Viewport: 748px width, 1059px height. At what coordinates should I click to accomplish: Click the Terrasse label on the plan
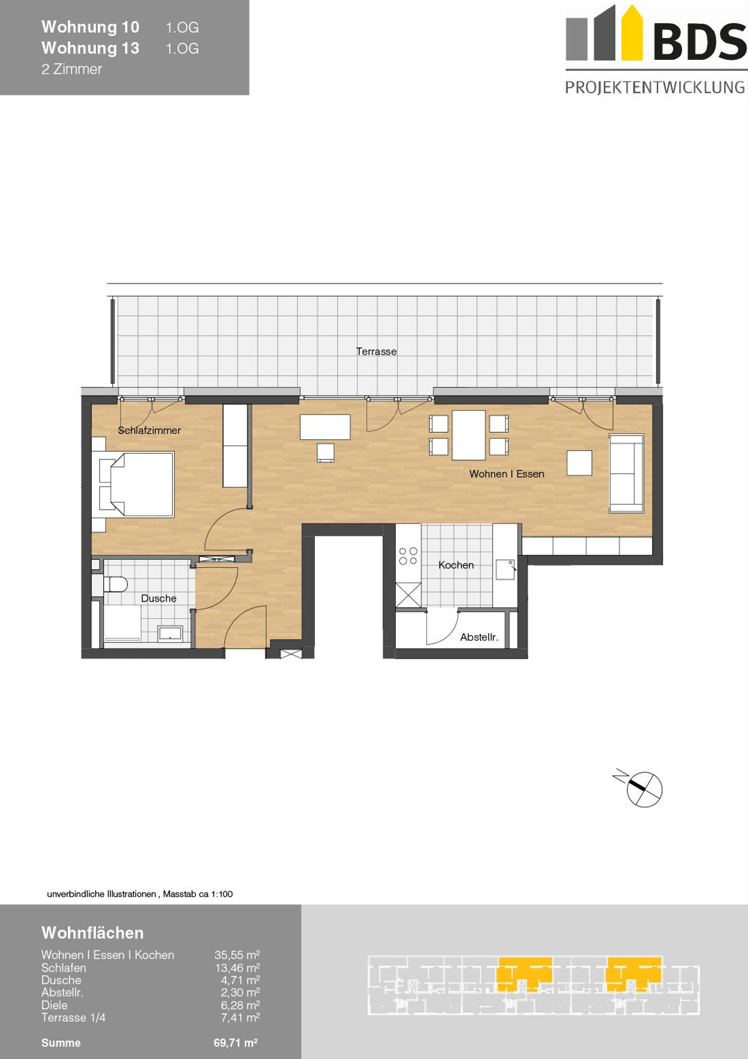click(x=376, y=352)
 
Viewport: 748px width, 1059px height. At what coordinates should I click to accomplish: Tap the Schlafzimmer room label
click(x=149, y=430)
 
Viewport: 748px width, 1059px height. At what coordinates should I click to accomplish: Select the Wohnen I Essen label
click(x=506, y=474)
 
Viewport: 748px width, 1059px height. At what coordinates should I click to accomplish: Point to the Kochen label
click(x=456, y=565)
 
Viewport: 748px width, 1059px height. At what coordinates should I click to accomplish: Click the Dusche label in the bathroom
click(x=158, y=598)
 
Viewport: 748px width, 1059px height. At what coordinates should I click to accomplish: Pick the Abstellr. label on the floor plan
click(x=479, y=637)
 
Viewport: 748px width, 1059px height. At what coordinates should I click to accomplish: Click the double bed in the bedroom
click(x=137, y=484)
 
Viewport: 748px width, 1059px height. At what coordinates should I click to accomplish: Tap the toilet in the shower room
click(x=115, y=584)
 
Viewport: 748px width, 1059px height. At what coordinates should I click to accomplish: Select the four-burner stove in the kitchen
click(x=408, y=556)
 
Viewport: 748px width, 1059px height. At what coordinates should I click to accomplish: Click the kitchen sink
click(x=506, y=570)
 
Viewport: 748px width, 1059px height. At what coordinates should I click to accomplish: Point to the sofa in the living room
click(x=626, y=473)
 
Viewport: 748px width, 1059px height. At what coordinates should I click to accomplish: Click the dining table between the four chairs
click(x=469, y=435)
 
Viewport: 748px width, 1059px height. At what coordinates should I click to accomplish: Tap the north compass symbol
click(x=644, y=789)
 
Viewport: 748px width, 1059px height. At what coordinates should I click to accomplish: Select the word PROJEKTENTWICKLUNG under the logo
click(x=655, y=87)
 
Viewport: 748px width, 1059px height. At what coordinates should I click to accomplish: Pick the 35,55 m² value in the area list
click(x=237, y=955)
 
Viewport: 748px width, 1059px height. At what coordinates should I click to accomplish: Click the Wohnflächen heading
click(x=93, y=932)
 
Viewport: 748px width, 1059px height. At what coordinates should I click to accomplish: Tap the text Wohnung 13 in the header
click(x=90, y=48)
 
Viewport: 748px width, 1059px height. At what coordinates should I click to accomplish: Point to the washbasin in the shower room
click(x=170, y=633)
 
